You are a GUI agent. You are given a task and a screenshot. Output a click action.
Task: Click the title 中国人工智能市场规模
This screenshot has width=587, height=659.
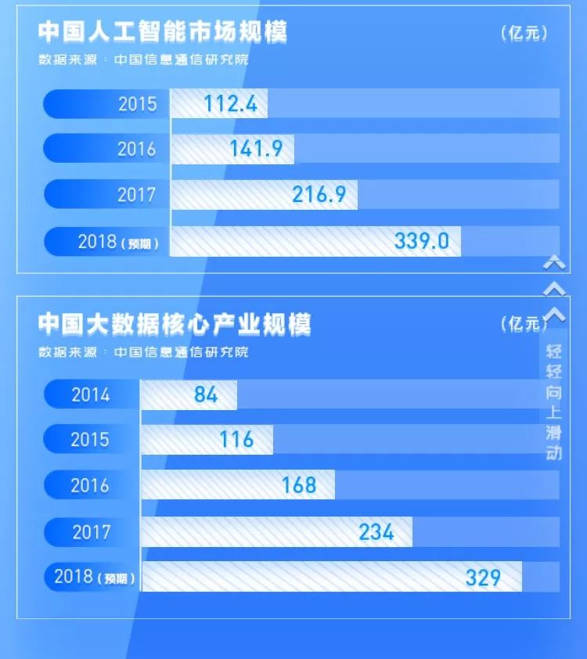(163, 31)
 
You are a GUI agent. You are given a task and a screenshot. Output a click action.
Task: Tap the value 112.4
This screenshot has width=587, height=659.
(230, 103)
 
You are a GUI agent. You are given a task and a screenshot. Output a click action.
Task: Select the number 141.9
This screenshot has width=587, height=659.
(256, 149)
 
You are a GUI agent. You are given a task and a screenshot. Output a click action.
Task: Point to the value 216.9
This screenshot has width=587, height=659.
(319, 194)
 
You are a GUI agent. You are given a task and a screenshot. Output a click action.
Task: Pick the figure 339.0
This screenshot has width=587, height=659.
(422, 241)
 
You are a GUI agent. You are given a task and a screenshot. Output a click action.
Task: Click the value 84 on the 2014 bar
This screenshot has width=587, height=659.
(206, 394)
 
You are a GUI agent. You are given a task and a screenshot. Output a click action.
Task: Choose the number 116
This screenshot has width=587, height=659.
(236, 439)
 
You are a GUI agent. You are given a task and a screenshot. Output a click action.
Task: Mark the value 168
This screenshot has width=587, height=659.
(299, 485)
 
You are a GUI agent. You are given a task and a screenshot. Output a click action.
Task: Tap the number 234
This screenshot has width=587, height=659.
(376, 532)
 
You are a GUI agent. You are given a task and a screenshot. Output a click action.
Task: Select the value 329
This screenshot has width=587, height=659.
(483, 578)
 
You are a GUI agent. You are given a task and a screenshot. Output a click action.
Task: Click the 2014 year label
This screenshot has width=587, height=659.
(91, 394)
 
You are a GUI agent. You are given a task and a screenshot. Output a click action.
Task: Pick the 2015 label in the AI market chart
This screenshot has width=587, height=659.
(137, 103)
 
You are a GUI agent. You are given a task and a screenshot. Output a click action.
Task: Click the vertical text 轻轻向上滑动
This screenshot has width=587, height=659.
(554, 401)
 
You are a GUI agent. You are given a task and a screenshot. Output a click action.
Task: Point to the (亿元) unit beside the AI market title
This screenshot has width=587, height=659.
(524, 34)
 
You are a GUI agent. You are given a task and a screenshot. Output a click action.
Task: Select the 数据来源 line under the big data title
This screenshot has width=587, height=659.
(143, 352)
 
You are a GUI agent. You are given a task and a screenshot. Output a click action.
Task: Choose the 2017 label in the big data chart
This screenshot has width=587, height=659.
(92, 532)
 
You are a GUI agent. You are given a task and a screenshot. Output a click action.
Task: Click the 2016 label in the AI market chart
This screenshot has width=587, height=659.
(137, 149)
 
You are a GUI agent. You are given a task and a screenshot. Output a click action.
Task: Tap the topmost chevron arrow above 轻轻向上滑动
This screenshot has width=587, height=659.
(554, 264)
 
